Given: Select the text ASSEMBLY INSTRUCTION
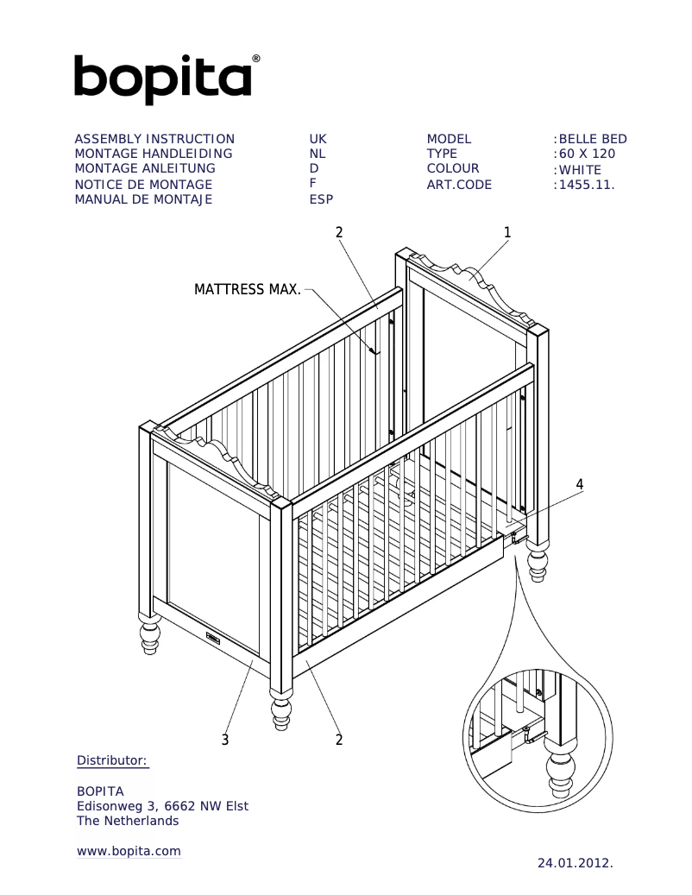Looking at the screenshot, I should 154,139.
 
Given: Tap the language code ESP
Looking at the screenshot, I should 321,199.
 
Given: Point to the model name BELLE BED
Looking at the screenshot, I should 592,139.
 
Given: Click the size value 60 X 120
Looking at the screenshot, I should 587,154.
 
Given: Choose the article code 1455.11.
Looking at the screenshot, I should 587,185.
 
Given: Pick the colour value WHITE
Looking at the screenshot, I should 580,169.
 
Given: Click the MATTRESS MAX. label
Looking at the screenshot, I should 248,289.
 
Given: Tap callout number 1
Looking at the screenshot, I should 507,232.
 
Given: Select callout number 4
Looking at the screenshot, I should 580,484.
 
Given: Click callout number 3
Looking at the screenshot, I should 225,740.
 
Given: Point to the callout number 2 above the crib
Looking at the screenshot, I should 339,232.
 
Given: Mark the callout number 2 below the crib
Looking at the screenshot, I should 339,740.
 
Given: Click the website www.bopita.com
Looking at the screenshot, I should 129,851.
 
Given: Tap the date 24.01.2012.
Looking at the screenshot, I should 575,862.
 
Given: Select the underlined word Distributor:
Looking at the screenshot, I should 113,760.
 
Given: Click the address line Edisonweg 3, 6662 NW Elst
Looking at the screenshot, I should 163,806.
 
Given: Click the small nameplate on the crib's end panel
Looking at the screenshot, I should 214,639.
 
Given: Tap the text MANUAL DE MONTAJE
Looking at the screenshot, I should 143,199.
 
